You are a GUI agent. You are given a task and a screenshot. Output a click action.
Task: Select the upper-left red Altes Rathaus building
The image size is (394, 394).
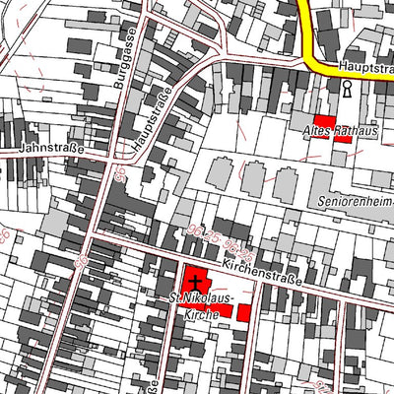(x=323, y=120)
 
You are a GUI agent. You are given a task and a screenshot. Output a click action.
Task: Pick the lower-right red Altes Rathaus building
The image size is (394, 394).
(x=343, y=138)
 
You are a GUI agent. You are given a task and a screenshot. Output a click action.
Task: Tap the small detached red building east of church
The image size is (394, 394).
(x=243, y=313)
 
